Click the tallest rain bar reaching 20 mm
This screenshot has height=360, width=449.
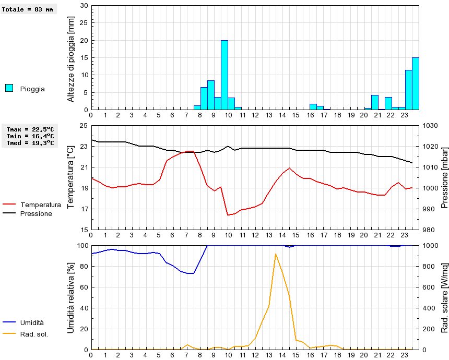[224, 75]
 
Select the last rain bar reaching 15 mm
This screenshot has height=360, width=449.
[416, 83]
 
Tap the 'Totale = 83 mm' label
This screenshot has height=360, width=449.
[28, 9]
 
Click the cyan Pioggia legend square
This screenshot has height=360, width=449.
[9, 88]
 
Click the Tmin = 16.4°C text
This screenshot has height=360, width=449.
[31, 136]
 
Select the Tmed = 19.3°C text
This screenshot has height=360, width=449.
[31, 142]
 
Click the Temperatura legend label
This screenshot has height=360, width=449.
[41, 205]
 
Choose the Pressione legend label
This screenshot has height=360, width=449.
[36, 213]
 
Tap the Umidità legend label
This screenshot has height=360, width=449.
[32, 323]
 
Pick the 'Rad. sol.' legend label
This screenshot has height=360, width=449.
[34, 334]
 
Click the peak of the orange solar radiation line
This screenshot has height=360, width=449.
[276, 254]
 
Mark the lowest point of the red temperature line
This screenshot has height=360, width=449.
[228, 214]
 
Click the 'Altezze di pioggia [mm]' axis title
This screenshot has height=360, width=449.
[72, 58]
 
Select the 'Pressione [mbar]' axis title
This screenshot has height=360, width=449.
[444, 177]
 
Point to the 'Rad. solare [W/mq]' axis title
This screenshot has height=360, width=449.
[444, 297]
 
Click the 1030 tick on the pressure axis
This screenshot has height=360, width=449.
[430, 126]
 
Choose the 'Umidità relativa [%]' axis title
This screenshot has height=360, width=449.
[72, 297]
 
